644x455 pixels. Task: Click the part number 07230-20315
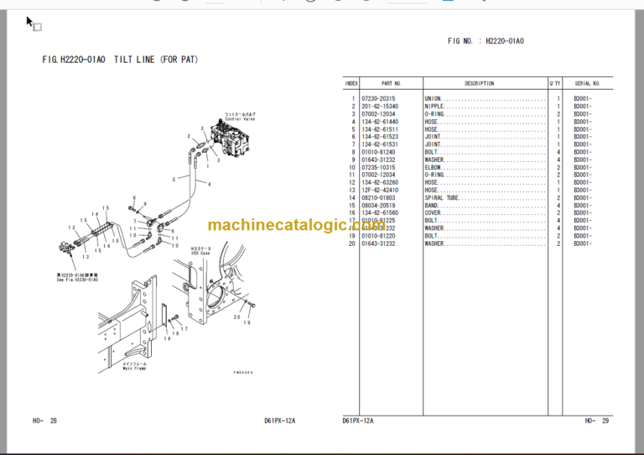click(x=378, y=99)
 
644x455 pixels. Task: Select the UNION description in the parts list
click(x=434, y=99)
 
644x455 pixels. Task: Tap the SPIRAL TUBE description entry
click(x=441, y=197)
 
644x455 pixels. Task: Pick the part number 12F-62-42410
click(x=380, y=190)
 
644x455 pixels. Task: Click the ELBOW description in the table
click(x=434, y=167)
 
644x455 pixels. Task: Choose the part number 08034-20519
click(x=380, y=205)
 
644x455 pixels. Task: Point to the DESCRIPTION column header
click(x=480, y=84)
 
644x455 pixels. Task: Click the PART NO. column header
click(x=392, y=84)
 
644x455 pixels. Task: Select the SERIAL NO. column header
click(x=587, y=84)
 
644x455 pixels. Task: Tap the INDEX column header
click(x=351, y=84)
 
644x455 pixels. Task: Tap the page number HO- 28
click(x=46, y=421)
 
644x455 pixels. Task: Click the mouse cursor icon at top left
click(x=30, y=22)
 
